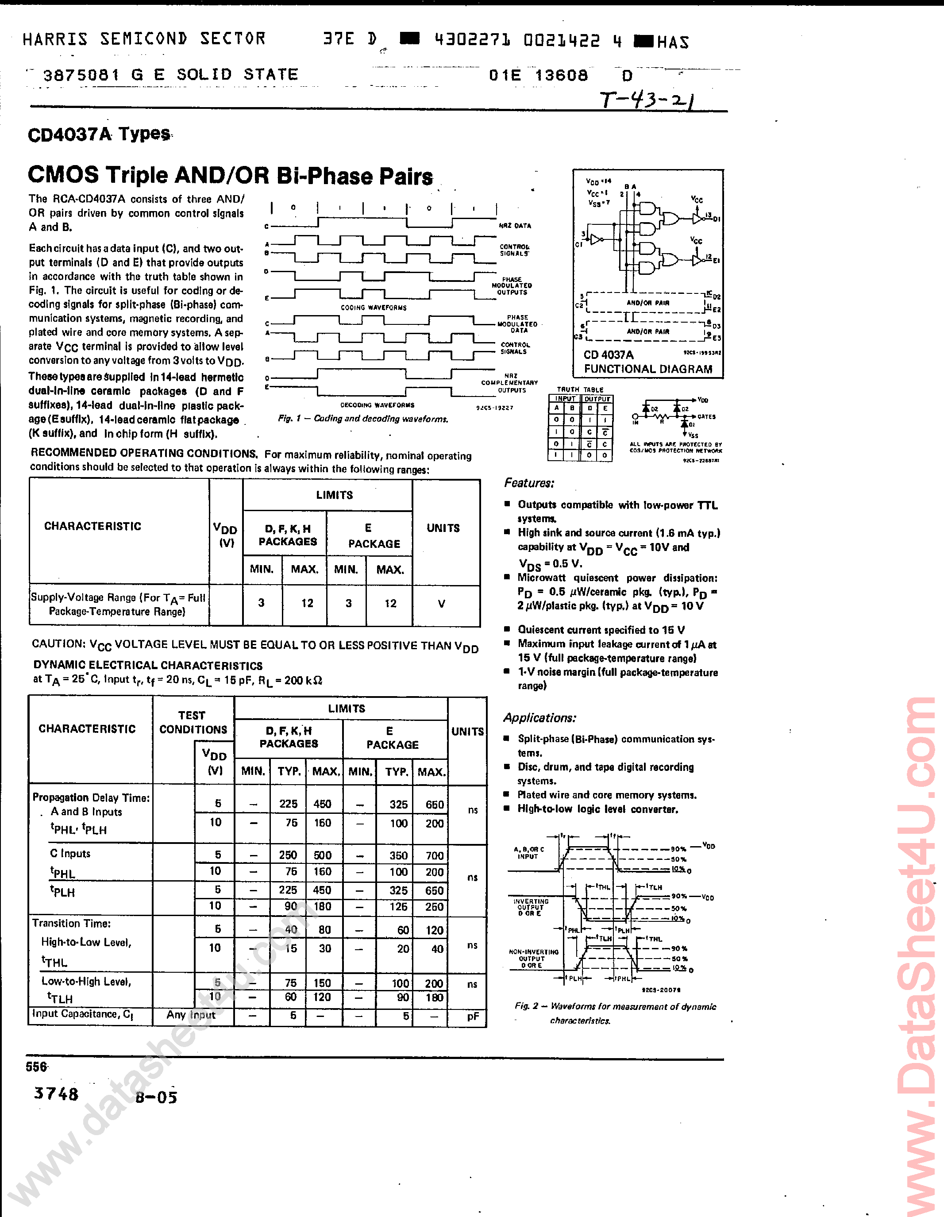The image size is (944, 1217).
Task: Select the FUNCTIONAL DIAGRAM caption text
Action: click(x=647, y=369)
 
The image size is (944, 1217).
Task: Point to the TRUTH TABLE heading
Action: click(x=580, y=389)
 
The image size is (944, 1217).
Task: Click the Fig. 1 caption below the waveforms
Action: click(x=363, y=419)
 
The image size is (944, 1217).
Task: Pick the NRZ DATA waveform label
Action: click(x=514, y=226)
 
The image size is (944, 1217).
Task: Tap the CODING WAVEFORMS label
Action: click(x=374, y=308)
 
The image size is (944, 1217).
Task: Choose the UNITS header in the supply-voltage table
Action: click(x=443, y=528)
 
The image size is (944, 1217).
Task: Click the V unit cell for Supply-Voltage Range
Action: click(x=441, y=604)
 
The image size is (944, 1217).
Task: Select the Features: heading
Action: click(x=529, y=483)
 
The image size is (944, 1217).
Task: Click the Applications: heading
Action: click(x=539, y=718)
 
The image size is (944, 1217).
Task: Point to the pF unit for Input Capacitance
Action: click(x=473, y=1016)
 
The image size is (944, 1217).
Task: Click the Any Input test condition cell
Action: click(x=191, y=1015)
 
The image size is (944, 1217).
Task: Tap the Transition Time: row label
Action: click(x=71, y=923)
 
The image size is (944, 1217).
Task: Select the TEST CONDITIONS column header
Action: click(x=193, y=722)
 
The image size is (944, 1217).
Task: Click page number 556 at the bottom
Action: click(x=37, y=1067)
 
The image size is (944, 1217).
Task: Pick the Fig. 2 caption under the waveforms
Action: click(x=615, y=1013)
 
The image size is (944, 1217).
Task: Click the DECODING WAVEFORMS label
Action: click(x=377, y=405)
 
